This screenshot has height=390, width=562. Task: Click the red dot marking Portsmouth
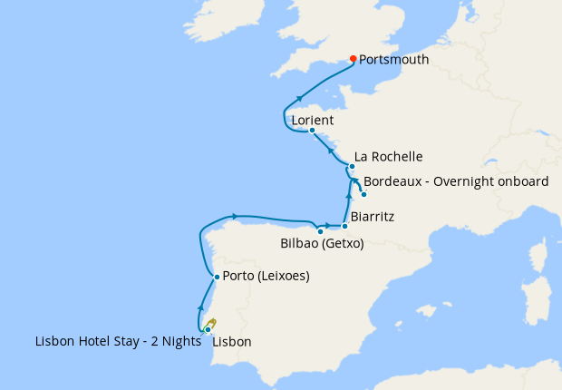click(353, 59)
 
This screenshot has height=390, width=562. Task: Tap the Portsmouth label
click(393, 60)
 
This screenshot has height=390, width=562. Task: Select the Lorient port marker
click(312, 130)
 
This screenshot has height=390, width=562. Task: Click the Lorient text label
click(313, 120)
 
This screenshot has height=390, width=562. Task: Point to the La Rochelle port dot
click(352, 167)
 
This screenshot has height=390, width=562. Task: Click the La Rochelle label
click(388, 157)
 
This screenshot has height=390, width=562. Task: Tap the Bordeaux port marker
click(363, 194)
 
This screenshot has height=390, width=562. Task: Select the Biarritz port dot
click(344, 226)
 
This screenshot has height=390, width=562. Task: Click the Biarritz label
click(373, 218)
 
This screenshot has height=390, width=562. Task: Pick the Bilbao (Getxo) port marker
click(320, 231)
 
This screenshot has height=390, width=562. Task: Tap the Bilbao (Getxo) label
click(322, 244)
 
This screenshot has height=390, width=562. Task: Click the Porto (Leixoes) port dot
click(216, 277)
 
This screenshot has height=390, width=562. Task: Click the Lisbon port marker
click(208, 329)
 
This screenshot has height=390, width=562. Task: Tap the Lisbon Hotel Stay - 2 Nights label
click(117, 342)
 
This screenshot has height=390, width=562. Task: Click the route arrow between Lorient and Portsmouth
click(299, 98)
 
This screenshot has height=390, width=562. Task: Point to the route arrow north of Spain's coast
click(235, 216)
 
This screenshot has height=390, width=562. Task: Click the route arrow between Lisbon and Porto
click(201, 307)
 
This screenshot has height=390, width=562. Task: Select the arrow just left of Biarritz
click(326, 224)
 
